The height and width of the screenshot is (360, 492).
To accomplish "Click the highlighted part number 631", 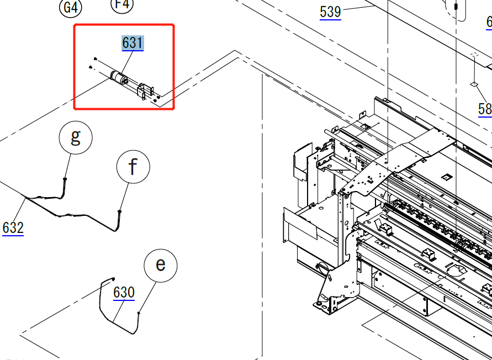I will pos(133,43).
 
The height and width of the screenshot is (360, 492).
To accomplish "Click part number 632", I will pos(13,227).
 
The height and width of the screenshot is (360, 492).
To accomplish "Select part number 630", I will pos(124,292).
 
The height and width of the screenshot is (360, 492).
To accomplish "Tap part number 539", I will pos(330,12).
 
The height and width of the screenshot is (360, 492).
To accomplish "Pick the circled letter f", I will pos(133,166).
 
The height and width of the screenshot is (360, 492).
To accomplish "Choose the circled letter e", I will pos(160,265).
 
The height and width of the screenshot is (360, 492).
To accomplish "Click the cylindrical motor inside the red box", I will pos(118,78).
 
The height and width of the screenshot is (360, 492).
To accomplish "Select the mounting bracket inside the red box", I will pos(145,91).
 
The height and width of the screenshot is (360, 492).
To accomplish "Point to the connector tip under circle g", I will pos(65,180).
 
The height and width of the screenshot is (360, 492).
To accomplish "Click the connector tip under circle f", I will pos(120,210).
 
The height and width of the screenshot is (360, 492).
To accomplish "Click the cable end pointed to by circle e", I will pos(138,314).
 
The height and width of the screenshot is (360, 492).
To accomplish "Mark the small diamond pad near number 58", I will pos(473,84).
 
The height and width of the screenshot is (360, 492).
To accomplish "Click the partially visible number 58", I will pos(485,109).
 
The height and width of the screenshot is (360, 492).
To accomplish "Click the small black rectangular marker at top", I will pos(456,6).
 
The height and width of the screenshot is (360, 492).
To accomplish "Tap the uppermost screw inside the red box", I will pos(96,58).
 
